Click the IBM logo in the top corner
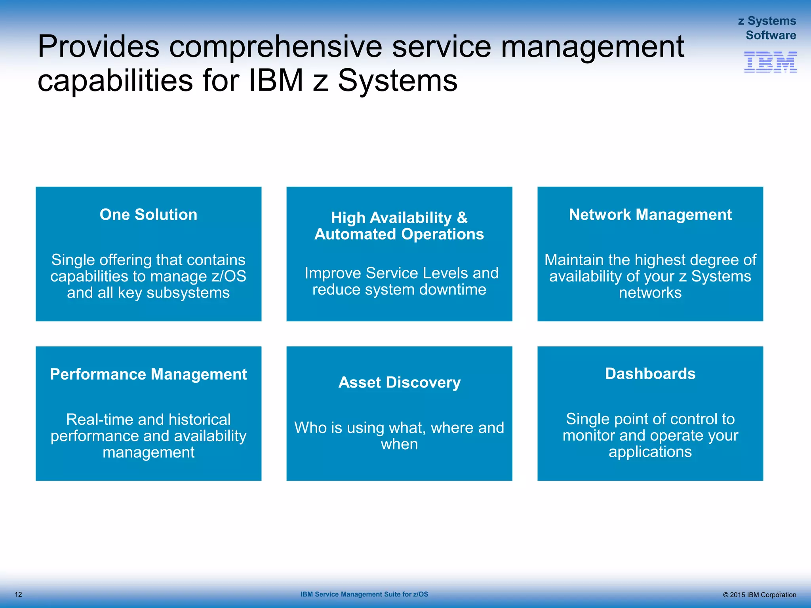[x=770, y=62]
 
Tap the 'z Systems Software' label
[x=767, y=28]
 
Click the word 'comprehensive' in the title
[x=276, y=47]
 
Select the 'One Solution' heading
[x=148, y=215]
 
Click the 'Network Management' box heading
[x=650, y=215]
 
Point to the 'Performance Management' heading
[x=148, y=374]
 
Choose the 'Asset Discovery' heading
[x=400, y=382]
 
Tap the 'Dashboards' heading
[x=650, y=374]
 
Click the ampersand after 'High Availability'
[x=462, y=218]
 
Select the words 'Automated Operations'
[x=399, y=234]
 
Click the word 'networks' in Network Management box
[x=650, y=293]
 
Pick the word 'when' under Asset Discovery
[x=399, y=445]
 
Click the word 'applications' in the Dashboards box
[x=650, y=452]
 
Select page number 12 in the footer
[x=18, y=595]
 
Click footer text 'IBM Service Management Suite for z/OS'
[x=364, y=594]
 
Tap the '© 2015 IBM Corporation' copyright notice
[x=759, y=595]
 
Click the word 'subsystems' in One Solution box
[x=188, y=293]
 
